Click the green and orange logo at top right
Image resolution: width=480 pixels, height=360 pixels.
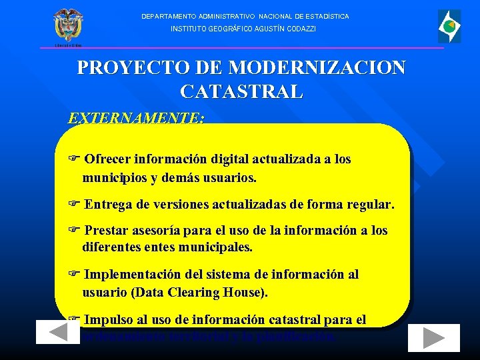pyautogui.click(x=449, y=26)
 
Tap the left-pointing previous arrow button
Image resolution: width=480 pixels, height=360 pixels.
pyautogui.click(x=58, y=333)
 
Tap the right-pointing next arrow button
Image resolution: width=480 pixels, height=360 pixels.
pyautogui.click(x=434, y=338)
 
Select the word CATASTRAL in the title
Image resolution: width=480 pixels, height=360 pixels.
pyautogui.click(x=241, y=91)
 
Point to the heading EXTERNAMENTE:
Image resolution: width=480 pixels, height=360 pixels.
pyautogui.click(x=136, y=118)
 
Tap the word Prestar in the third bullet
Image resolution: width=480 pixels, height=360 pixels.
pyautogui.click(x=109, y=231)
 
